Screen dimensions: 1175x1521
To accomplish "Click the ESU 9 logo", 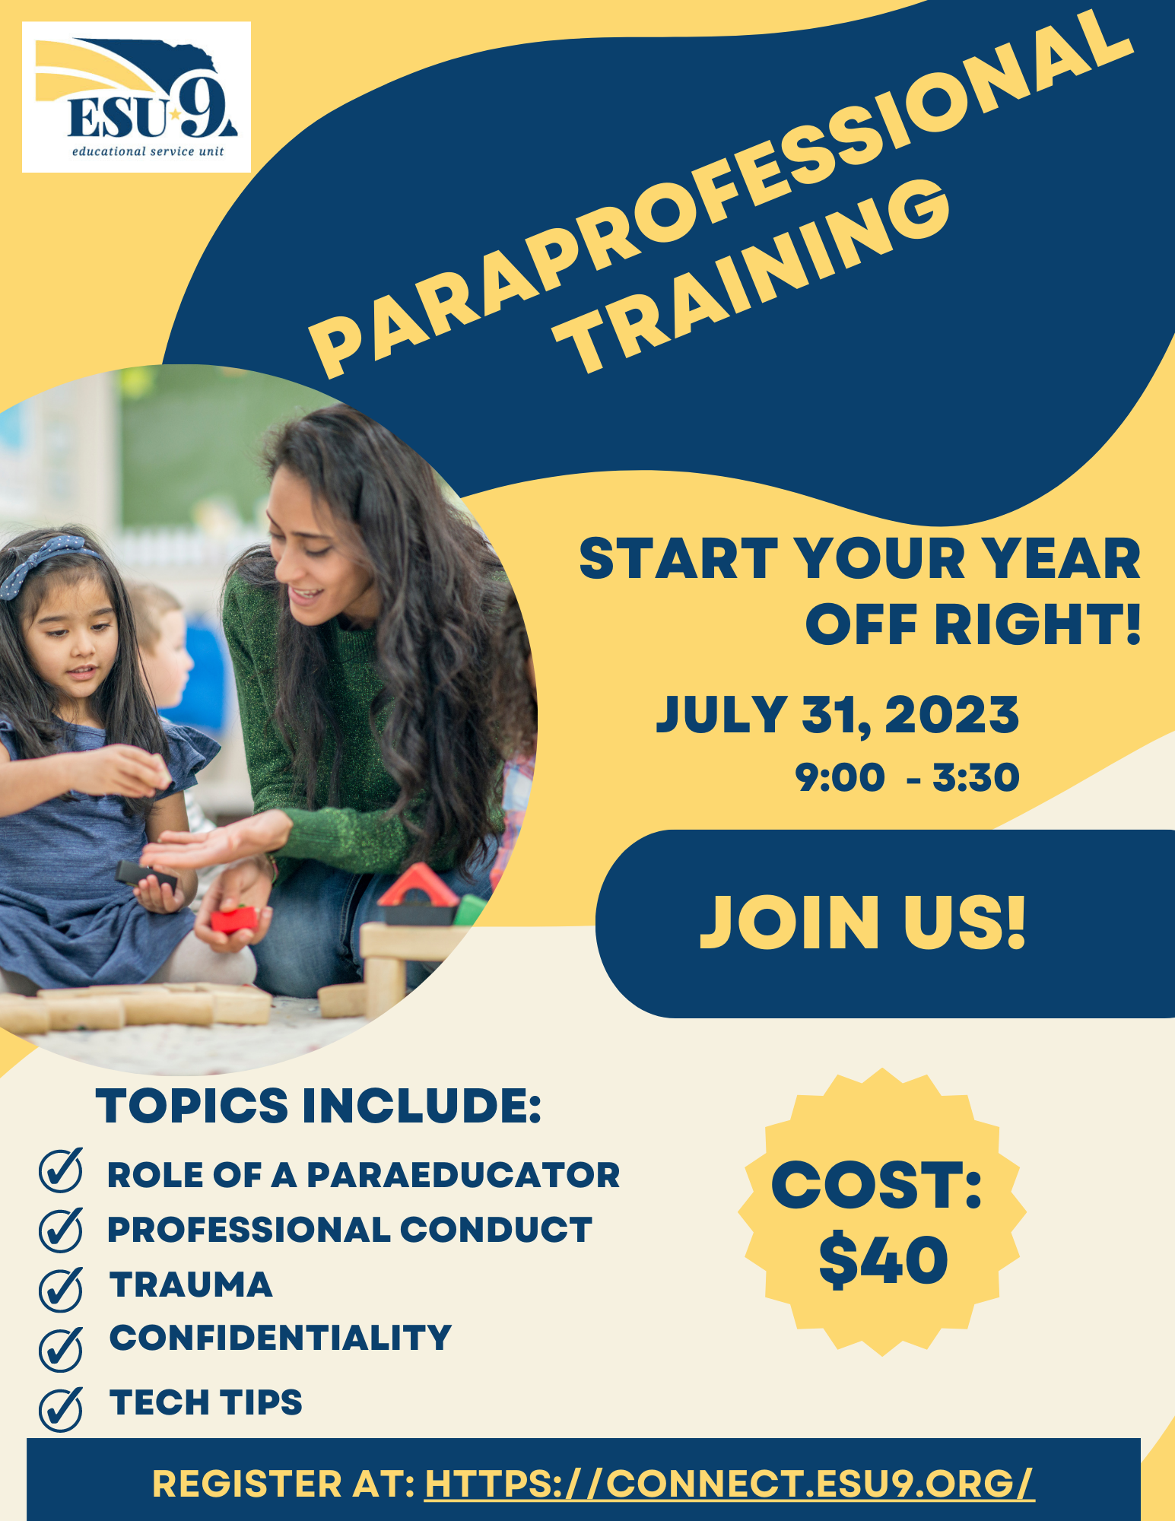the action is click(136, 97).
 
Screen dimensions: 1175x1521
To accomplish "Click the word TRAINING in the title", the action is click(753, 278).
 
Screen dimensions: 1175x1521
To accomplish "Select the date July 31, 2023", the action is click(837, 716).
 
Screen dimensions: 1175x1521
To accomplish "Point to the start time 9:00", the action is click(840, 777).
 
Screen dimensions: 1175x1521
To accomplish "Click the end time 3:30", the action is click(976, 777).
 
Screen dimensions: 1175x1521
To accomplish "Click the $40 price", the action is click(883, 1261).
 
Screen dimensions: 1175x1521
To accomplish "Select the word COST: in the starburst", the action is click(877, 1185).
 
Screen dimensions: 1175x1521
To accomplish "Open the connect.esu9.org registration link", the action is click(729, 1483).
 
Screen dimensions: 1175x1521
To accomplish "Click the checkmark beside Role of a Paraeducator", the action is click(61, 1170).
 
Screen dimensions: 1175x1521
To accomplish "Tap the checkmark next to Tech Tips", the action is click(61, 1409).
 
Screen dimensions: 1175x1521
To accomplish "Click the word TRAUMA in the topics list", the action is click(191, 1284).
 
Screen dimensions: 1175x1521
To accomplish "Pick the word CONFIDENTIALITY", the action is click(281, 1338).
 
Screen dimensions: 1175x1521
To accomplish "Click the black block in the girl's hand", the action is click(146, 876).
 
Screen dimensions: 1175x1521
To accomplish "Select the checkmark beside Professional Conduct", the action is click(61, 1229).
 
